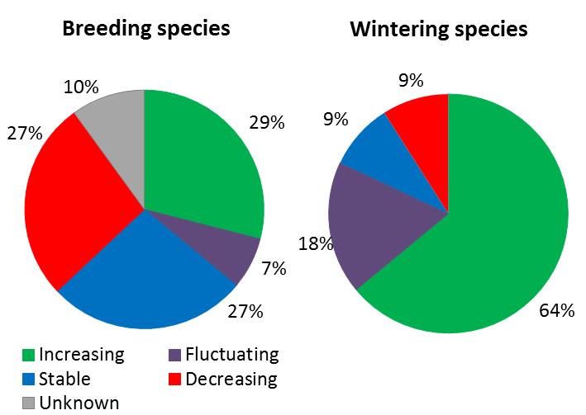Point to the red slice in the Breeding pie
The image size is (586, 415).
point(70,206)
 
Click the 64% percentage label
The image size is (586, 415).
point(557,311)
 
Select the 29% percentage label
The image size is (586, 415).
point(266,123)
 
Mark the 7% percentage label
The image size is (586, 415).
point(274,268)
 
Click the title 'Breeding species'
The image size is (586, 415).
point(147,29)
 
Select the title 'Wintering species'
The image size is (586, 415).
point(439,31)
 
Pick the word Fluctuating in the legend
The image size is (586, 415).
point(232,356)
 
